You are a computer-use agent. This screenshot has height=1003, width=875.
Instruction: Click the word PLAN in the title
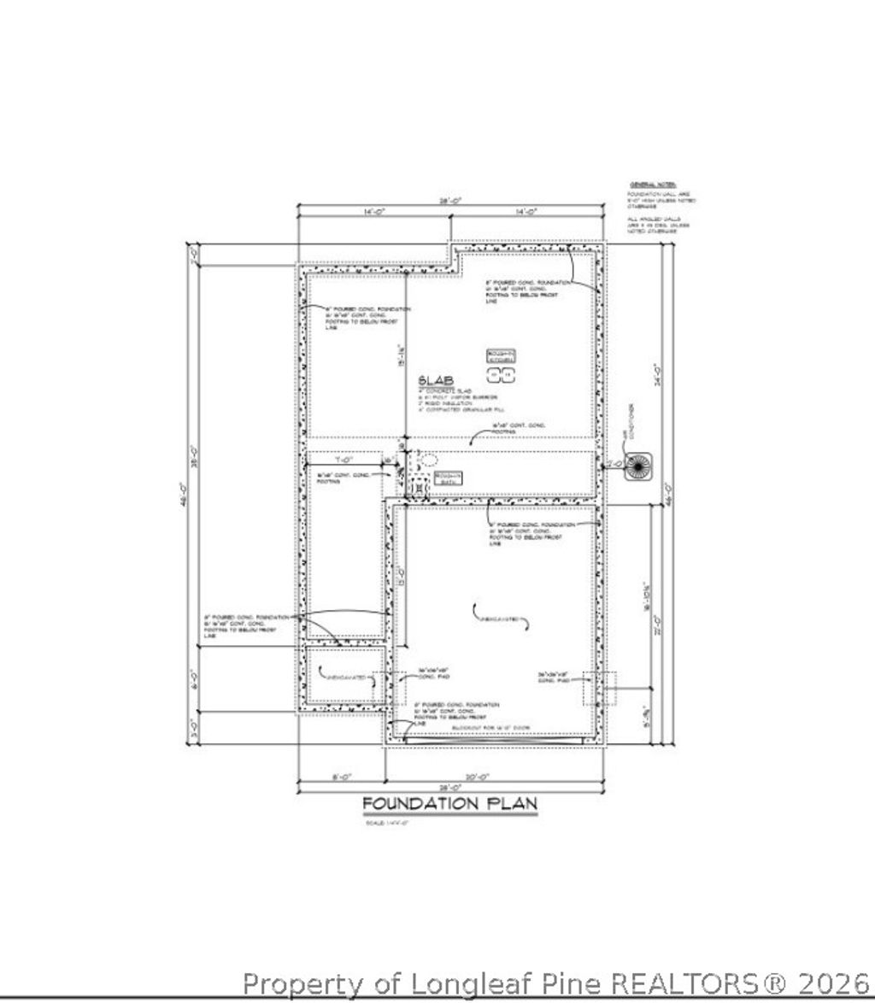coord(512,803)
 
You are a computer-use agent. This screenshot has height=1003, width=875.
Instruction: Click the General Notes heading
coord(653,185)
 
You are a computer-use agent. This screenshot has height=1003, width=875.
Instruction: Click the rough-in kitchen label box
coord(502,356)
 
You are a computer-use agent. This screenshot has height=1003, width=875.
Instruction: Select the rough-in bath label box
coord(448,478)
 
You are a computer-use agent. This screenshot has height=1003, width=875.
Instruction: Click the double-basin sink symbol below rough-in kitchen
coord(501,373)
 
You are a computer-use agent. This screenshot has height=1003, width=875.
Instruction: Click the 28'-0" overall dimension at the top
coord(450,200)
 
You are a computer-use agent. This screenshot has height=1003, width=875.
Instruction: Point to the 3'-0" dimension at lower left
coord(194,730)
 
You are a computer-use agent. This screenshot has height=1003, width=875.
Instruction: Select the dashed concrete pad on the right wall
coord(600,689)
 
